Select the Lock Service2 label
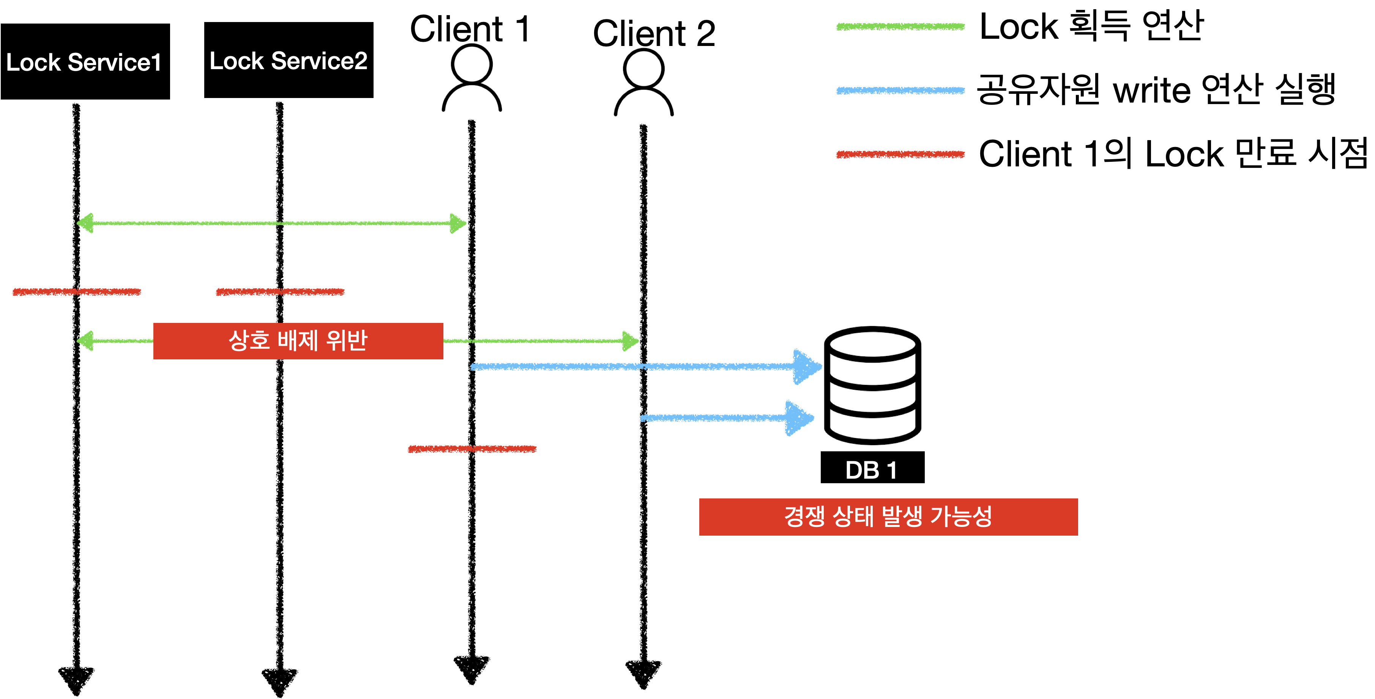tap(288, 61)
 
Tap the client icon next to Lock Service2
tap(471, 77)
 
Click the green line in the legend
tap(900, 27)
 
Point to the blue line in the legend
tap(900, 91)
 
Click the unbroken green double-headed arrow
tap(271, 223)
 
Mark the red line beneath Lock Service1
tap(77, 291)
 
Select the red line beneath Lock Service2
tap(280, 291)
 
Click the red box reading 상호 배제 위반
tap(298, 341)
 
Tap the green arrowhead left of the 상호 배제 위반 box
tap(85, 341)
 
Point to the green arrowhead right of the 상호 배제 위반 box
tap(631, 341)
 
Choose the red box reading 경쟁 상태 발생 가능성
tap(888, 517)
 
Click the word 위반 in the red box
tap(347, 341)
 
